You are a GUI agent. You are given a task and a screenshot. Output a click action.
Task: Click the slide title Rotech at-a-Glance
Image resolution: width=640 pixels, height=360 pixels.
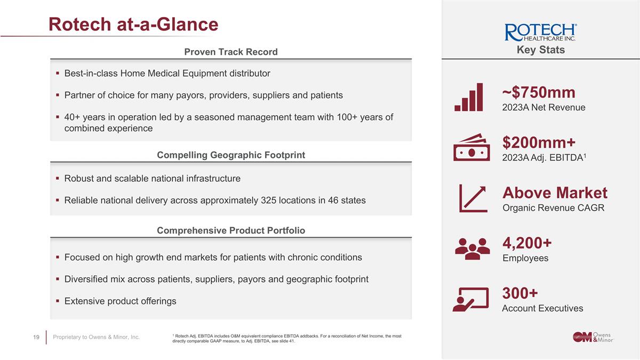[x=133, y=24]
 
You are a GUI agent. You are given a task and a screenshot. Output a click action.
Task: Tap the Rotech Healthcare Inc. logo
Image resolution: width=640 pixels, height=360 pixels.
[x=540, y=33]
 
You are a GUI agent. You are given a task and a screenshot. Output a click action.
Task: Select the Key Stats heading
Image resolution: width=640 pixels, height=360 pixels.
[x=540, y=50]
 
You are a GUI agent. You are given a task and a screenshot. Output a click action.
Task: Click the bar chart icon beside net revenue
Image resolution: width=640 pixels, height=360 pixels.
[x=469, y=97]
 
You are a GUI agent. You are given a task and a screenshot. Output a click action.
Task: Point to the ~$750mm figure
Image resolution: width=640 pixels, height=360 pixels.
[x=539, y=93]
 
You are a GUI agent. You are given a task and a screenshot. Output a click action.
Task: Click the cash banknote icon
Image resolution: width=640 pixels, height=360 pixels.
[x=471, y=147]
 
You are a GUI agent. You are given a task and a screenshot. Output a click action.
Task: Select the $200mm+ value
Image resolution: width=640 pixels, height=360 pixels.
[x=539, y=142]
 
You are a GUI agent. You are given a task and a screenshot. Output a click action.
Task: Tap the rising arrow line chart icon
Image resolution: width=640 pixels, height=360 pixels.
[x=473, y=198]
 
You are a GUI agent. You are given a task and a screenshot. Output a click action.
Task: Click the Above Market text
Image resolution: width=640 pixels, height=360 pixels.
[x=555, y=193]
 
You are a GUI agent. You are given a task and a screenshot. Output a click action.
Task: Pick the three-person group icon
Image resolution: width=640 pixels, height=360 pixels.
[x=472, y=248]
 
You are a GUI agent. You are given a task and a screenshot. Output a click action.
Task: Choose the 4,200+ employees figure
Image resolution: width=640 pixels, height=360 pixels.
[x=527, y=243]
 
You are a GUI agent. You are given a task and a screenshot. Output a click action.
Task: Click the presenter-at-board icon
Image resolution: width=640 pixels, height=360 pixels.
[x=470, y=299]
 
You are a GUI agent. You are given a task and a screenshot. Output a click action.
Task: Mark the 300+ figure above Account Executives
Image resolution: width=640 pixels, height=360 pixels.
[x=520, y=293]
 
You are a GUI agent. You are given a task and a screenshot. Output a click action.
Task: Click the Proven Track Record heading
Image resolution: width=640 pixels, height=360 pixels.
[x=230, y=52]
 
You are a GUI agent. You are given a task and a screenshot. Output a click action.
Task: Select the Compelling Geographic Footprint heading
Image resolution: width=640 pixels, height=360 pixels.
[x=230, y=155]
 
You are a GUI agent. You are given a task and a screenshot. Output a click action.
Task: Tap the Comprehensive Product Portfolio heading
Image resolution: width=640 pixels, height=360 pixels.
[x=230, y=230]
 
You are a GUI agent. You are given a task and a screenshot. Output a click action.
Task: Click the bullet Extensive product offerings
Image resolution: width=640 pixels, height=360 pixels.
[x=120, y=301]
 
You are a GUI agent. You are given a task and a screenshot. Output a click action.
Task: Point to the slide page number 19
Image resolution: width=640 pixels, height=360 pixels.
[x=36, y=337]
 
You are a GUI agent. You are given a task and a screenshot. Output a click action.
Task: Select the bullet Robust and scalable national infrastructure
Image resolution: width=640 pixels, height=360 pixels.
[x=152, y=179]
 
